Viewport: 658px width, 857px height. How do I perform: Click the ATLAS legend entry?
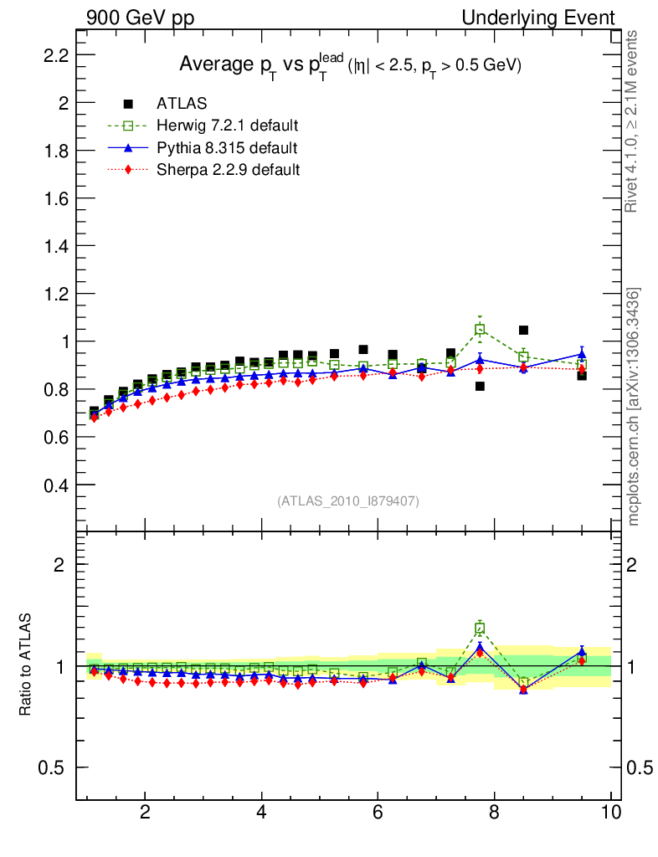pos(182,104)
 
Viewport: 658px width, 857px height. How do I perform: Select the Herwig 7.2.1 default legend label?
pos(228,126)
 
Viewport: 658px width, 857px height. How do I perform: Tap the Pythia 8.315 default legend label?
pos(227,148)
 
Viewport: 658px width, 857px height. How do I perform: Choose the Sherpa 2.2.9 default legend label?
pos(229,170)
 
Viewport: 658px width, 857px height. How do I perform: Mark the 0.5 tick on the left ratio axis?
pos(56,768)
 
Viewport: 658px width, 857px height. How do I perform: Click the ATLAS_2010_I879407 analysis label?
pos(348,501)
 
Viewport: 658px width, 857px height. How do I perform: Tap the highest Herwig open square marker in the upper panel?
pos(480,330)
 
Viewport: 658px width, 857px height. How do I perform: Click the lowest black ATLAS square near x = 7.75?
pos(480,386)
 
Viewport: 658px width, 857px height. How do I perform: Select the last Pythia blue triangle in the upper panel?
pos(582,354)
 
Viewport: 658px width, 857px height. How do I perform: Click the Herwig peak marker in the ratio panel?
pos(480,629)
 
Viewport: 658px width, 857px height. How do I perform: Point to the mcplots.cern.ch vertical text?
pos(634,407)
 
